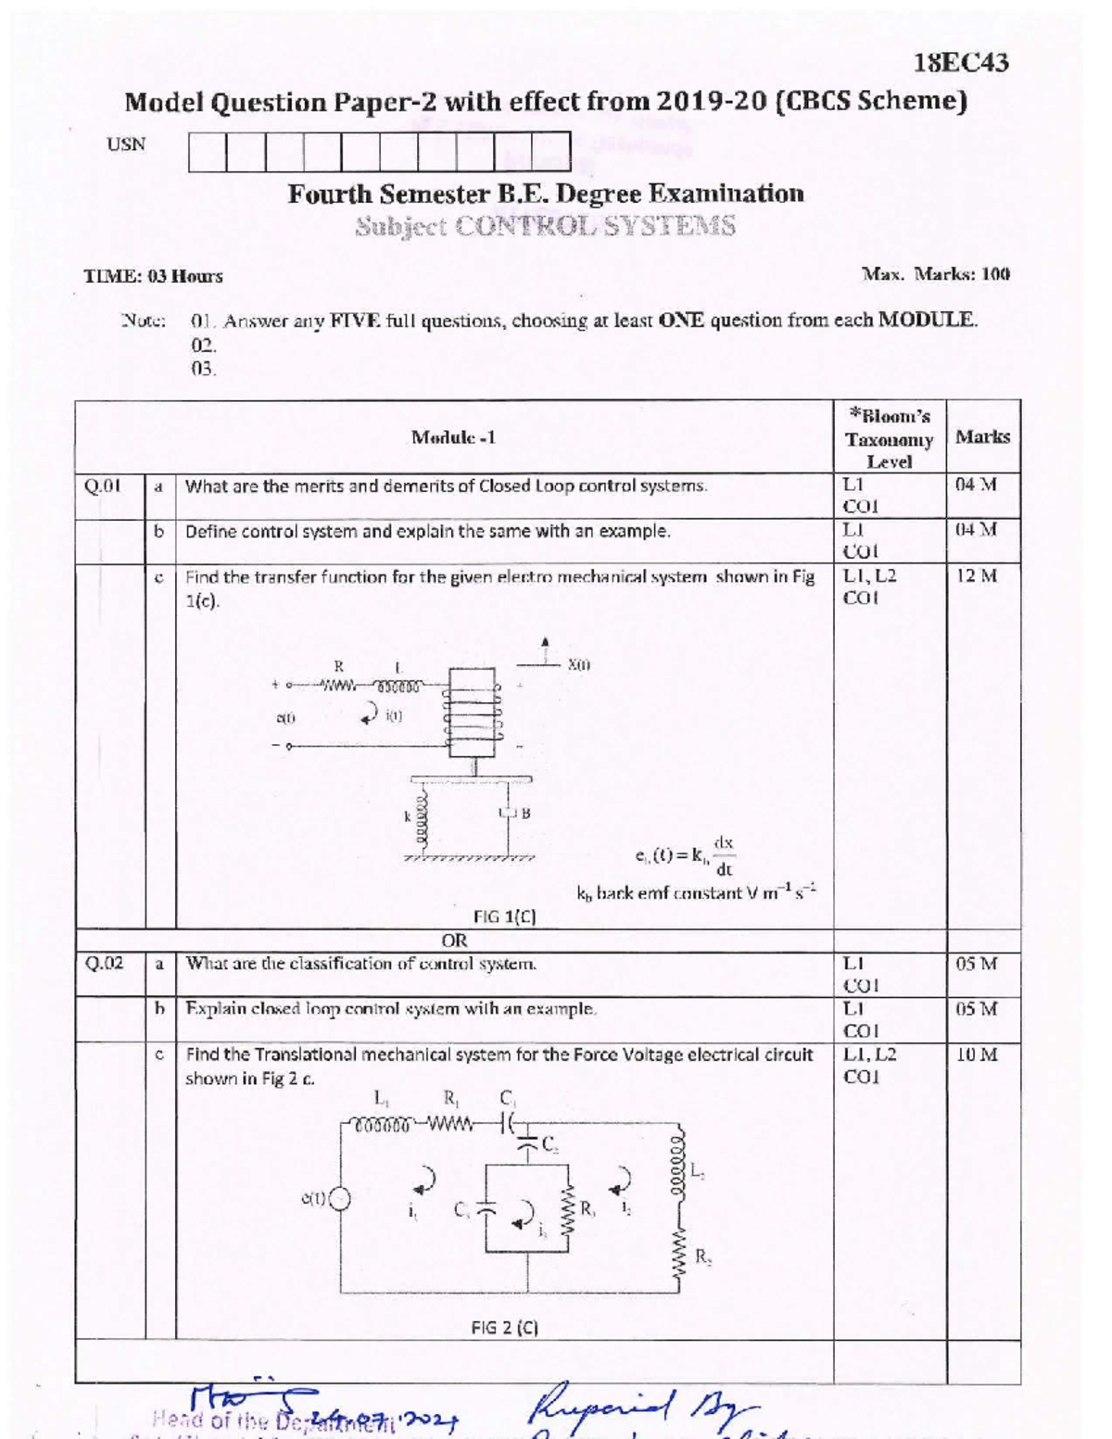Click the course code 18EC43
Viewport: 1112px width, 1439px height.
coord(961,63)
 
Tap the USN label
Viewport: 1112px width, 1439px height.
coord(126,145)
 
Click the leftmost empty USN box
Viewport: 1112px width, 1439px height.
coord(208,152)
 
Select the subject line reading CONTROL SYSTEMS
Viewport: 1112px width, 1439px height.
coord(546,226)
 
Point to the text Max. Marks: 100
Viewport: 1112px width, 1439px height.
coord(936,274)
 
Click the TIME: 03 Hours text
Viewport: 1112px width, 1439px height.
coord(154,276)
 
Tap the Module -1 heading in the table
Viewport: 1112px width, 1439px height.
coord(453,437)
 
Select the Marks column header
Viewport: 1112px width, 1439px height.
coord(982,436)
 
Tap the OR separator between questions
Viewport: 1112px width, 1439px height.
coord(454,940)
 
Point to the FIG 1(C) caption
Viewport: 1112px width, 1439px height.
coord(505,917)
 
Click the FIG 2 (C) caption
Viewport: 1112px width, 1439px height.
coord(505,1327)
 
